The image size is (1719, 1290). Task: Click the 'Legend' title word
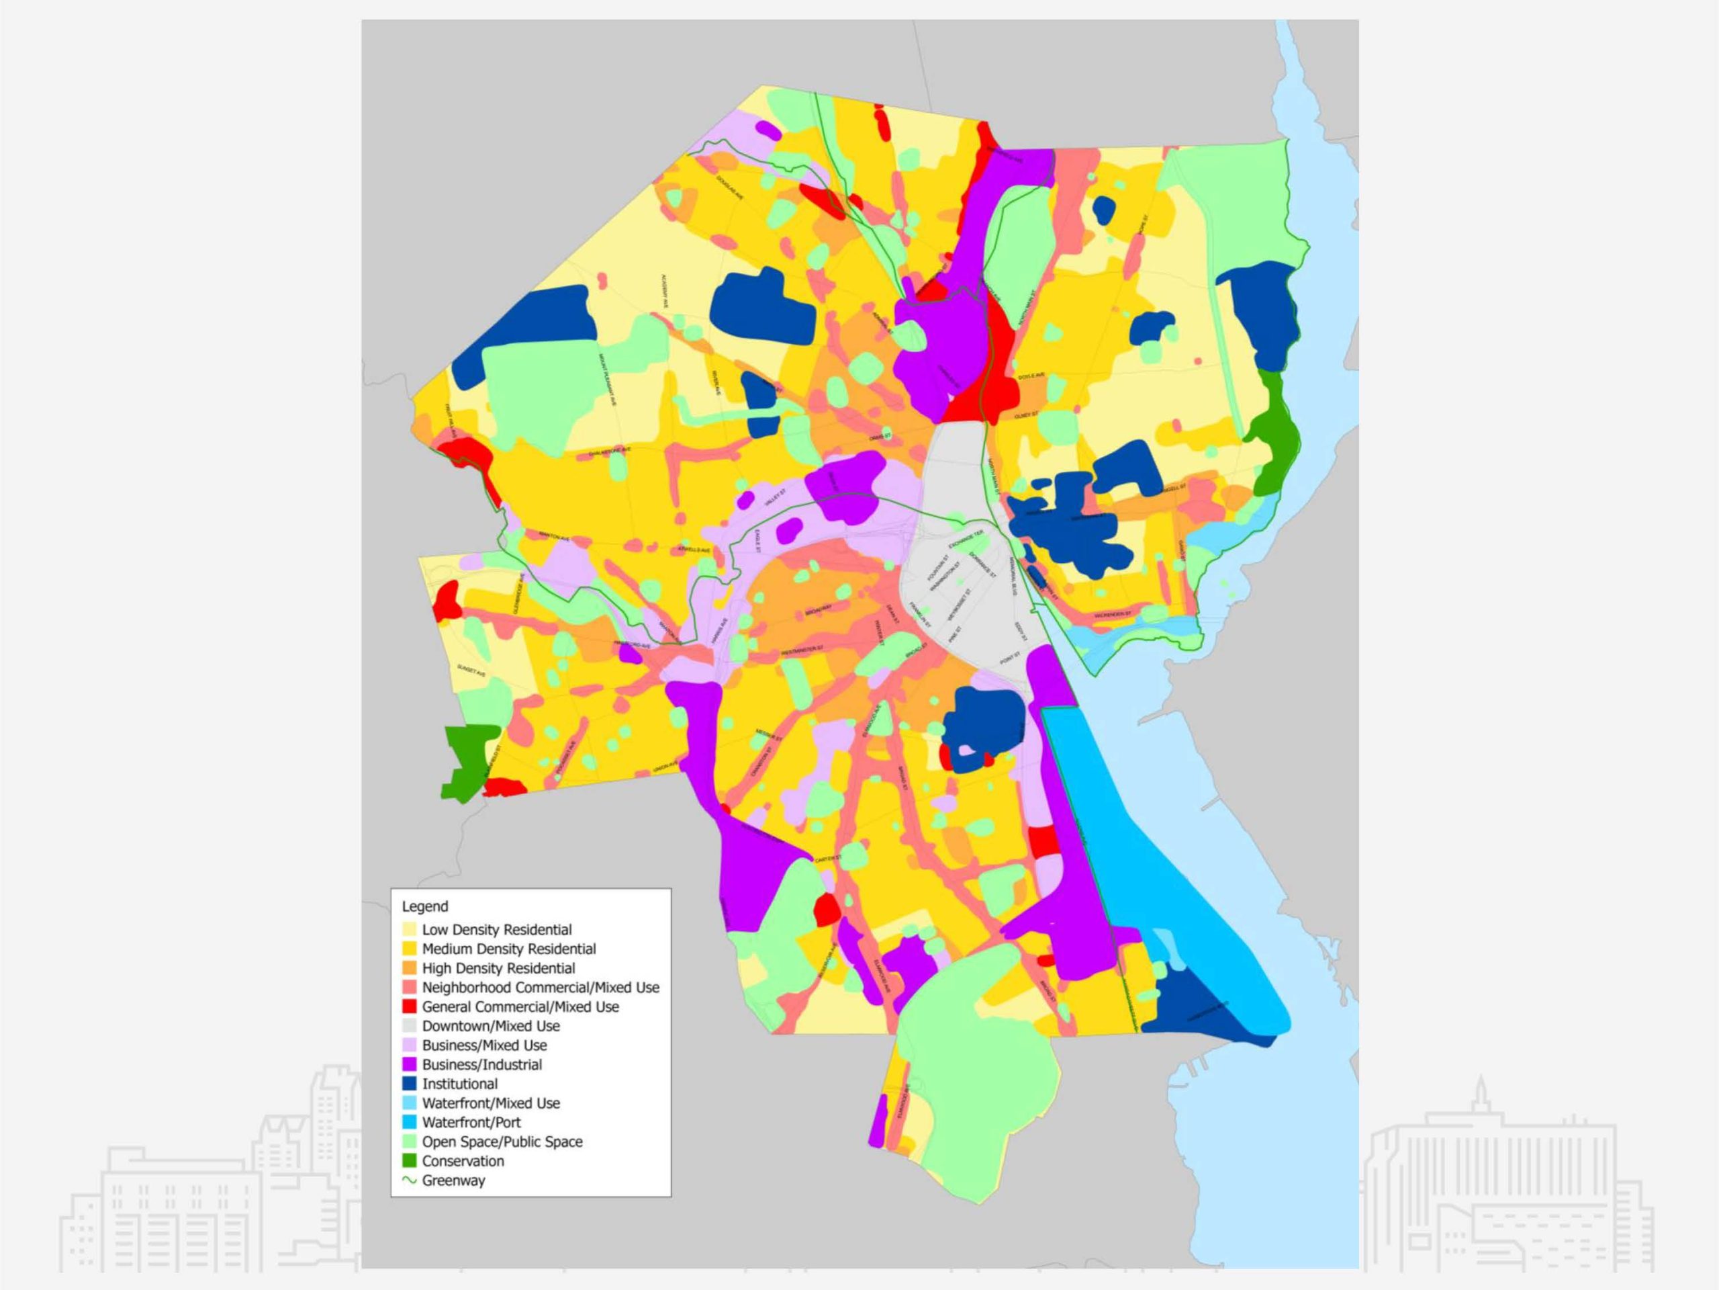(424, 906)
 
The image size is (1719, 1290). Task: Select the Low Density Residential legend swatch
(410, 929)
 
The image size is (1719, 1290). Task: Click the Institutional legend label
(459, 1083)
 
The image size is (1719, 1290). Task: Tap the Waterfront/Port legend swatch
(410, 1122)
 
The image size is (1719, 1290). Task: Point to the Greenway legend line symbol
(410, 1180)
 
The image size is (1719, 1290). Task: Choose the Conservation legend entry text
(463, 1161)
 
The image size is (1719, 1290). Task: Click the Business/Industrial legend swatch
(410, 1064)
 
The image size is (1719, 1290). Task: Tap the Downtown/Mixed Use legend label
(490, 1026)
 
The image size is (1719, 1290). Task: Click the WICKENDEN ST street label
(1112, 615)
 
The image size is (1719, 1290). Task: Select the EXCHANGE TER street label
(966, 538)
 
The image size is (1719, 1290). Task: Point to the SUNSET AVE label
(471, 671)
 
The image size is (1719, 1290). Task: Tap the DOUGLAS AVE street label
(731, 187)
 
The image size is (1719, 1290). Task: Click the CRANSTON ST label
(761, 761)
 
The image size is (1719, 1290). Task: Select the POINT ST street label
(1009, 658)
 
